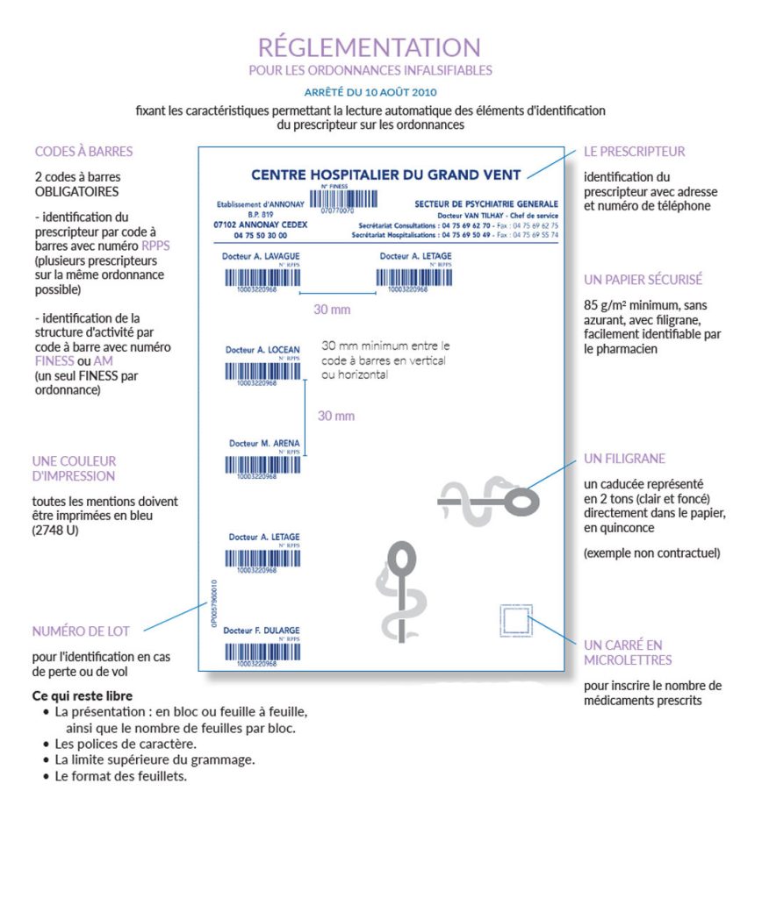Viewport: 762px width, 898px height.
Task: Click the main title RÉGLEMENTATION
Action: (x=369, y=46)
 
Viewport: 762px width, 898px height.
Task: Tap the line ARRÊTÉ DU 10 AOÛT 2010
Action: (x=370, y=91)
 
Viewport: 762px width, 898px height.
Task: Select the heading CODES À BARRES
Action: (x=83, y=152)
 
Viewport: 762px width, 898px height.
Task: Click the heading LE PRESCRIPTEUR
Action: (x=634, y=152)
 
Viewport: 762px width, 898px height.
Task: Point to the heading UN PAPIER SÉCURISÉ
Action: (x=643, y=280)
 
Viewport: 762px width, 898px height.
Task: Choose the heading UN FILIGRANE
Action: (x=624, y=459)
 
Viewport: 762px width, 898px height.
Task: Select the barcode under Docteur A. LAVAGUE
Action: (x=263, y=278)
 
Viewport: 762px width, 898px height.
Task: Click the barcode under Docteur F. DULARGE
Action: (x=262, y=652)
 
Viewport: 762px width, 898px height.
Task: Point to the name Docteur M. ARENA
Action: (x=263, y=444)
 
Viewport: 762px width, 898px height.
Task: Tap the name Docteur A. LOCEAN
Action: (x=262, y=350)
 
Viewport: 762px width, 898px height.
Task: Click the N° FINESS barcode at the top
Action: (x=337, y=198)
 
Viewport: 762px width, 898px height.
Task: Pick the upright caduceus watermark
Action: (x=399, y=589)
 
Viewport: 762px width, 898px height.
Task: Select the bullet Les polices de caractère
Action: (x=120, y=744)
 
